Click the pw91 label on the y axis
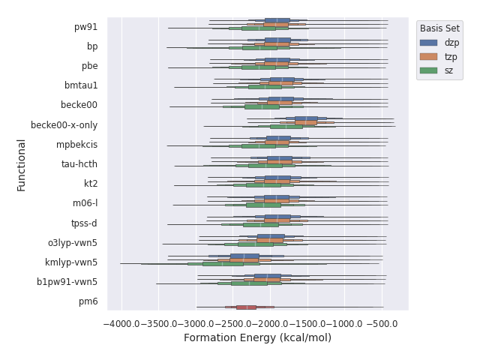click(85, 27)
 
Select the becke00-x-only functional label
click(64, 125)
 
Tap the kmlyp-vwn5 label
click(71, 262)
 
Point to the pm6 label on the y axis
click(88, 301)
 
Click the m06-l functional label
click(85, 203)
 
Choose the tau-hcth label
click(79, 164)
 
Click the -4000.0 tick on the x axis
click(120, 323)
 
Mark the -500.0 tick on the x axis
click(383, 323)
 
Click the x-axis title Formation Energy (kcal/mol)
click(257, 338)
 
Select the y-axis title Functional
click(22, 164)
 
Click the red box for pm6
click(246, 307)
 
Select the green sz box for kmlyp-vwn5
click(223, 263)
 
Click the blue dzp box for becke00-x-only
click(306, 118)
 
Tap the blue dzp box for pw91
click(277, 20)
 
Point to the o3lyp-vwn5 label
click(72, 243)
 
